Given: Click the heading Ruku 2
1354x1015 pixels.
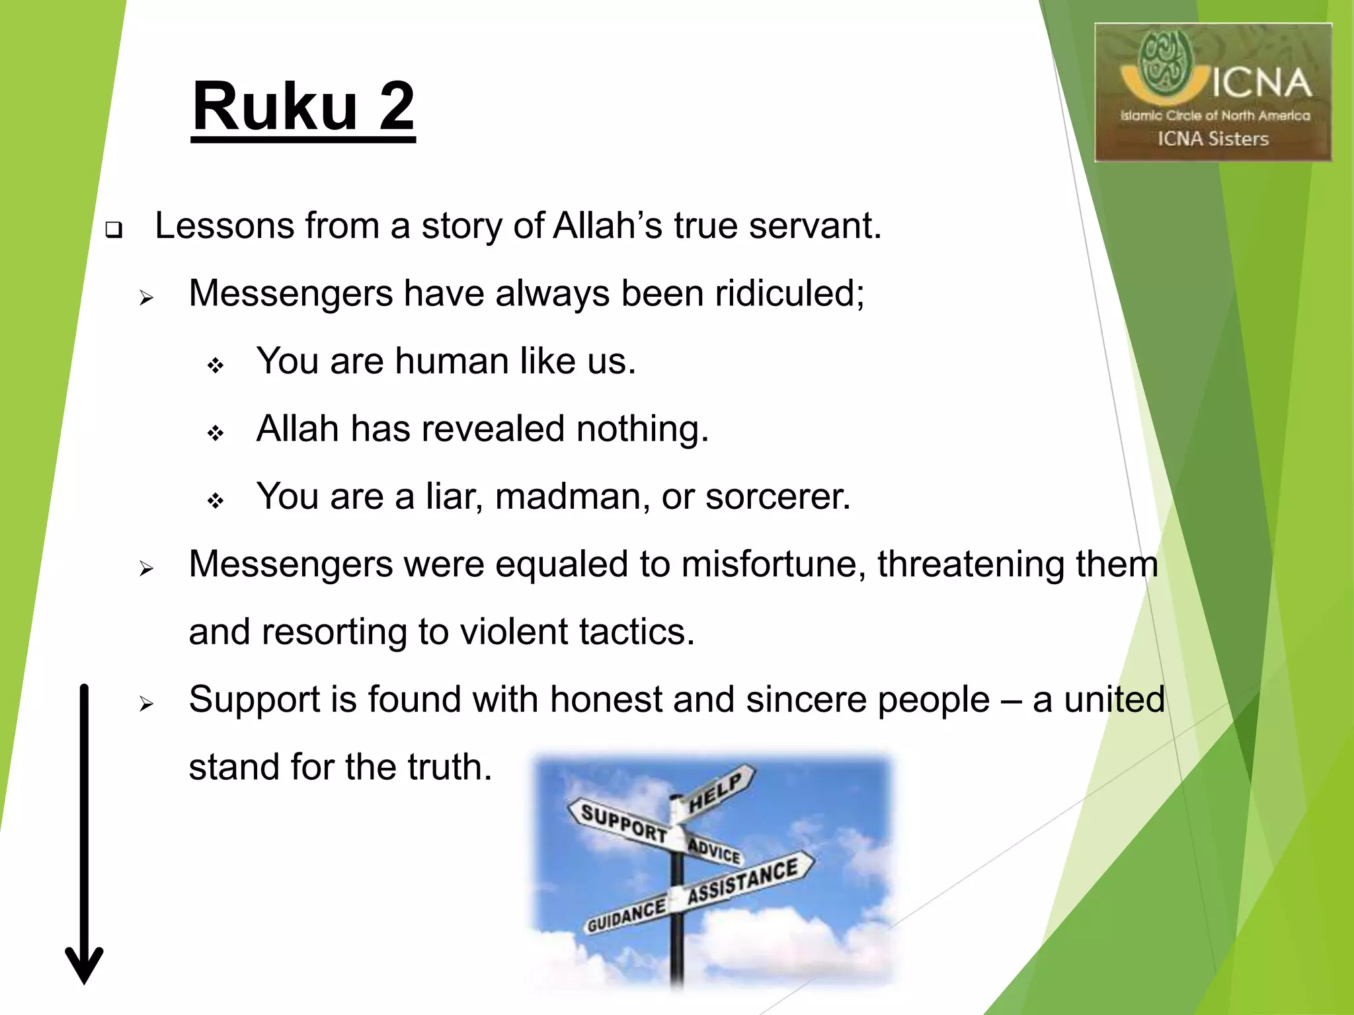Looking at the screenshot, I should pos(303,106).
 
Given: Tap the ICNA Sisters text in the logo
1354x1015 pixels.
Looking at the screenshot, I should pos(1213,139).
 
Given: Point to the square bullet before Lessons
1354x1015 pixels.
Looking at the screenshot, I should pos(114,231).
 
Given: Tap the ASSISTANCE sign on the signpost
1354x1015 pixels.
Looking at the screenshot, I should pos(744,881).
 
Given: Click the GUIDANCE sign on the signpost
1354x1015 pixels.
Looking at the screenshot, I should pos(626,915).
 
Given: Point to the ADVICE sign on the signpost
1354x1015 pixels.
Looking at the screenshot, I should pos(715,850).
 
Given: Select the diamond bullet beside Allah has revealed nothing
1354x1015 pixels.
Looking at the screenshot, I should pos(216,433).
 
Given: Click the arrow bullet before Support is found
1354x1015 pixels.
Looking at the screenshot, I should pos(146,704).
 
